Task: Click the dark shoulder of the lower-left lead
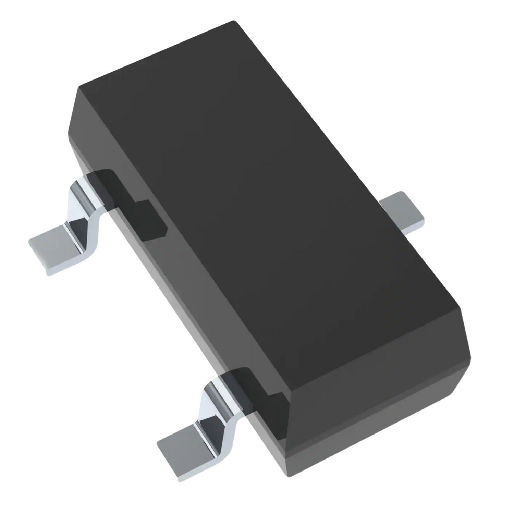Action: point(260,394)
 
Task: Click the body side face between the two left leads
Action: point(192,302)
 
